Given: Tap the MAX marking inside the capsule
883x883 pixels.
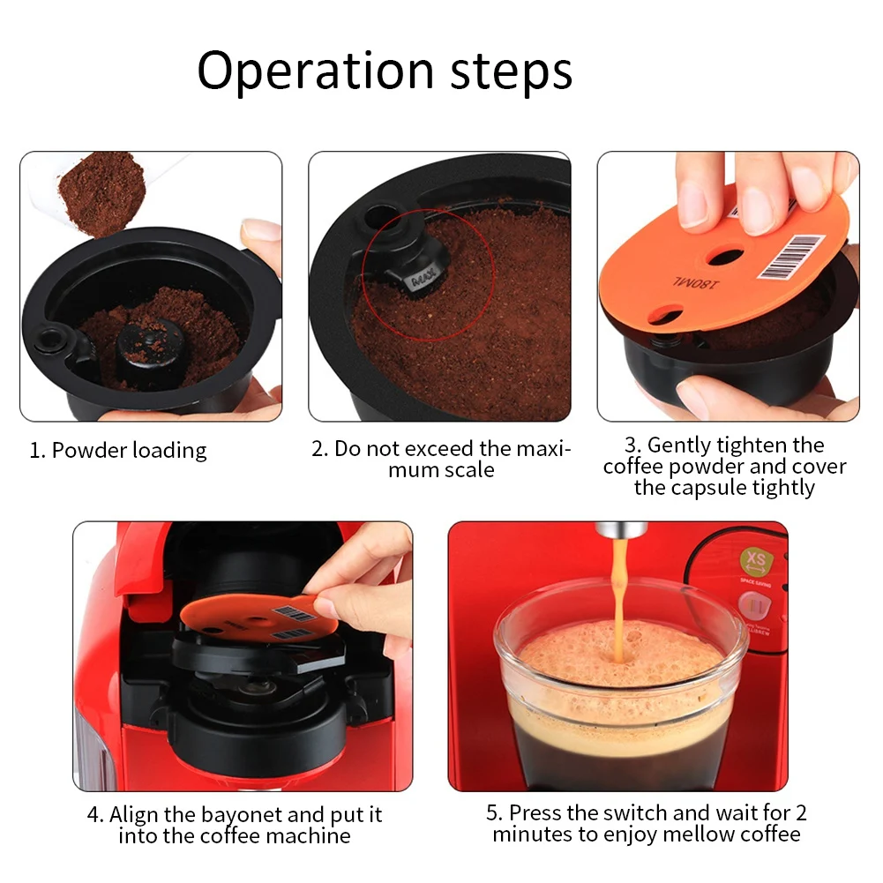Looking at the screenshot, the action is [x=424, y=279].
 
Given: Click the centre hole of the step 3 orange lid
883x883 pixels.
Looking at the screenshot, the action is [x=725, y=257].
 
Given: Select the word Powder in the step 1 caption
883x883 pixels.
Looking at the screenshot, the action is [x=90, y=451].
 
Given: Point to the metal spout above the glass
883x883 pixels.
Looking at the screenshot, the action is [x=621, y=529].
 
